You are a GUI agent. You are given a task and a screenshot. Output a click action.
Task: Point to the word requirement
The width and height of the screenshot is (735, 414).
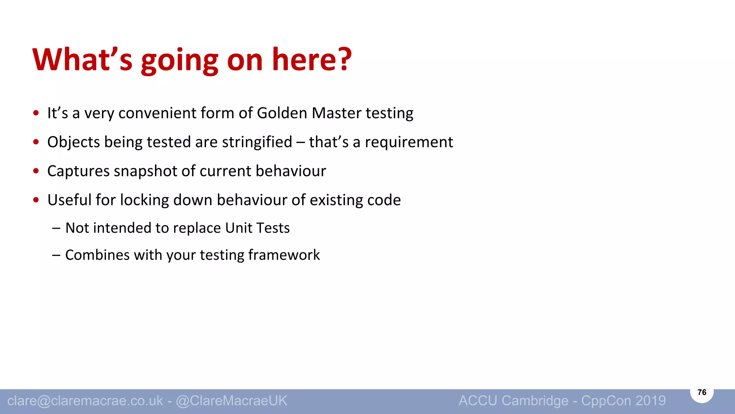[409, 142]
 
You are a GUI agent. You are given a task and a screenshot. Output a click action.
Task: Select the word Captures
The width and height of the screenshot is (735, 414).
[78, 171]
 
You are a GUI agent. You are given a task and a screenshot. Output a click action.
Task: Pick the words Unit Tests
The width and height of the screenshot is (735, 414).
[257, 228]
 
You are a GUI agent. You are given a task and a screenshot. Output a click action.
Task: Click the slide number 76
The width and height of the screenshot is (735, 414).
[702, 392]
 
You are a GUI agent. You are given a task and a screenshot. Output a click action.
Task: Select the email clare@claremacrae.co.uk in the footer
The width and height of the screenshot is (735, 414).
[85, 401]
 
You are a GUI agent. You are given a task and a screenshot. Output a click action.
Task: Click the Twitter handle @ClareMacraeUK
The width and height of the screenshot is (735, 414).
[231, 401]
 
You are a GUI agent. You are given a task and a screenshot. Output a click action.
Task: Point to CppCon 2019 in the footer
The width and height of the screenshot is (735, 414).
[623, 401]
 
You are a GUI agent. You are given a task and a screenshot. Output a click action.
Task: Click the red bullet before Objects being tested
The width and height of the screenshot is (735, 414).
[36, 142]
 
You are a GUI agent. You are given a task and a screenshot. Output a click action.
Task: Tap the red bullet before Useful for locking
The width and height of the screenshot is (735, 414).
[36, 200]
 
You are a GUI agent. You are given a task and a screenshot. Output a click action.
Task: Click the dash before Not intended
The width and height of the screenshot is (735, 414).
[56, 228]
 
